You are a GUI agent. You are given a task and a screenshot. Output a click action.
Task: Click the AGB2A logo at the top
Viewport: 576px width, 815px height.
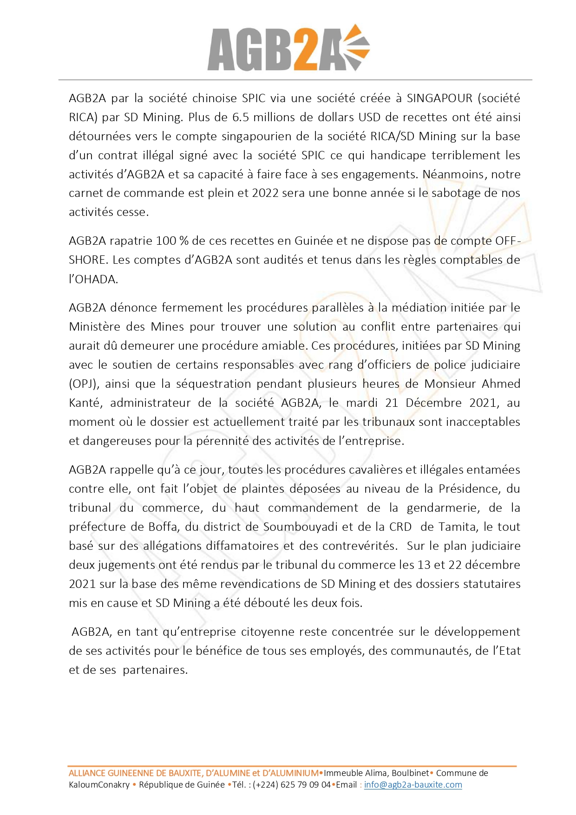[288, 48]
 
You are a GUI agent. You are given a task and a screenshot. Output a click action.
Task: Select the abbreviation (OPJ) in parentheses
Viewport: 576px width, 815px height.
[84, 384]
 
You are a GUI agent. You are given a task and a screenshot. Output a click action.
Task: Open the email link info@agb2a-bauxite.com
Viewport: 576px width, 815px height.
[413, 785]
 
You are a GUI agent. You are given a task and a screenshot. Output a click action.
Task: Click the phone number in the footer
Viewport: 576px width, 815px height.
[292, 785]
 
